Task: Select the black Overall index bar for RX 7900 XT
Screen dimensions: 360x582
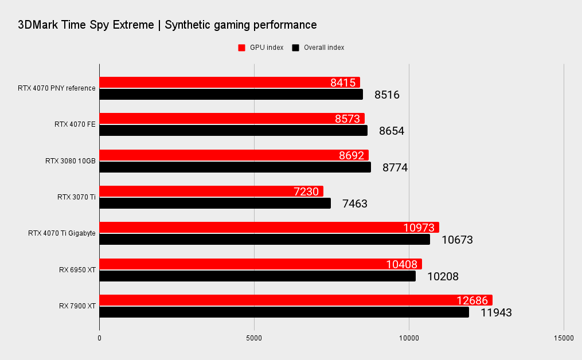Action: pyautogui.click(x=284, y=312)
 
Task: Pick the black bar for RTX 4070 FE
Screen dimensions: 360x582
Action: pyautogui.click(x=233, y=131)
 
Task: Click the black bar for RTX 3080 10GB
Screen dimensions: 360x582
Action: pyautogui.click(x=235, y=167)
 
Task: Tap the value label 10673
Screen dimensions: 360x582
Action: pyautogui.click(x=457, y=240)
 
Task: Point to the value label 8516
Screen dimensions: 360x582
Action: pyautogui.click(x=387, y=95)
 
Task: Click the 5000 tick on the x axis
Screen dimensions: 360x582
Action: pyautogui.click(x=254, y=338)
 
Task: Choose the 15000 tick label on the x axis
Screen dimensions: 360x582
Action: pyautogui.click(x=563, y=338)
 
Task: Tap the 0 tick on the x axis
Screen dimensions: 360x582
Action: pyautogui.click(x=100, y=338)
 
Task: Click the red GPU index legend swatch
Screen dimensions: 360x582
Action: pyautogui.click(x=242, y=48)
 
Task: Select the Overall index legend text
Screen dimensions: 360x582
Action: pyautogui.click(x=324, y=48)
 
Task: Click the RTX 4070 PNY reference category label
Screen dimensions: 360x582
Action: pyautogui.click(x=57, y=88)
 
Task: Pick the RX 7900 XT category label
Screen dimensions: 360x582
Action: pyautogui.click(x=77, y=306)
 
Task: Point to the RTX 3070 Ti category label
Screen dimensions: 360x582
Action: pyautogui.click(x=76, y=197)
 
